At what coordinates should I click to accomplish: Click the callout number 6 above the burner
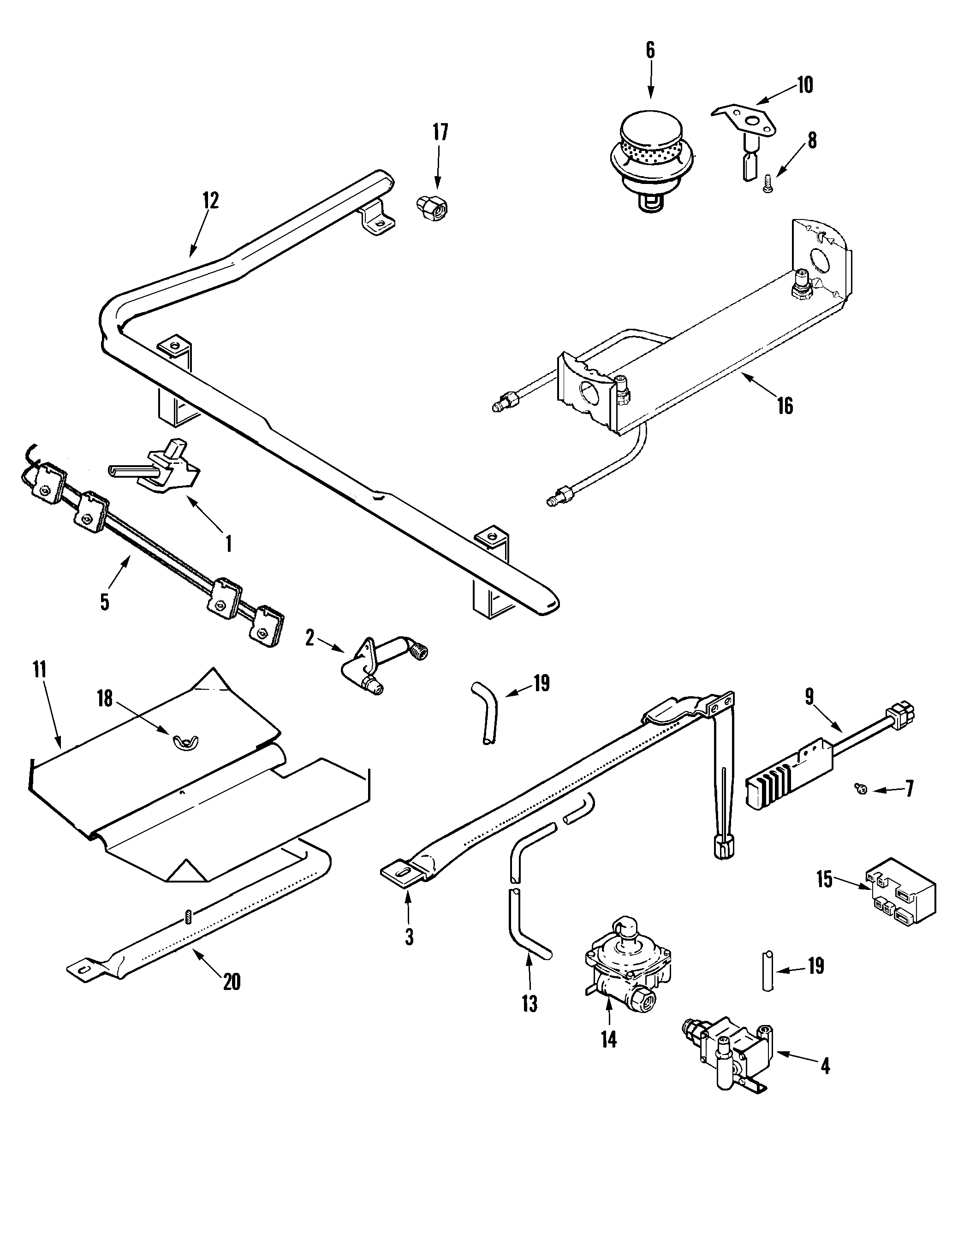[x=650, y=50]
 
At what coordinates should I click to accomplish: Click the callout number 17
[x=440, y=132]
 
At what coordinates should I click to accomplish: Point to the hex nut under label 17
[x=432, y=207]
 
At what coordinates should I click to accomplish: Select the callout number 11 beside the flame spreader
[x=39, y=669]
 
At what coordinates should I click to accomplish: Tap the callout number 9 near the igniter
[x=810, y=696]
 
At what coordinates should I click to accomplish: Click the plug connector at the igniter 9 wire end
[x=899, y=712]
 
